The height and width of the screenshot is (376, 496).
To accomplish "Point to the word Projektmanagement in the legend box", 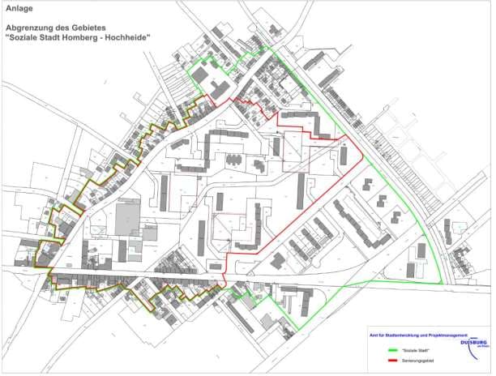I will point(451,335).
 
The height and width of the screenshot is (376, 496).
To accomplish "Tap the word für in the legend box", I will point(379,335).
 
